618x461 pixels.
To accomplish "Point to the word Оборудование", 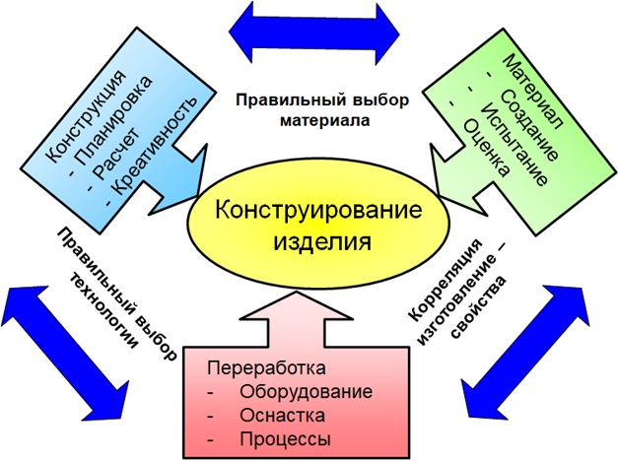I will click(x=305, y=392).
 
